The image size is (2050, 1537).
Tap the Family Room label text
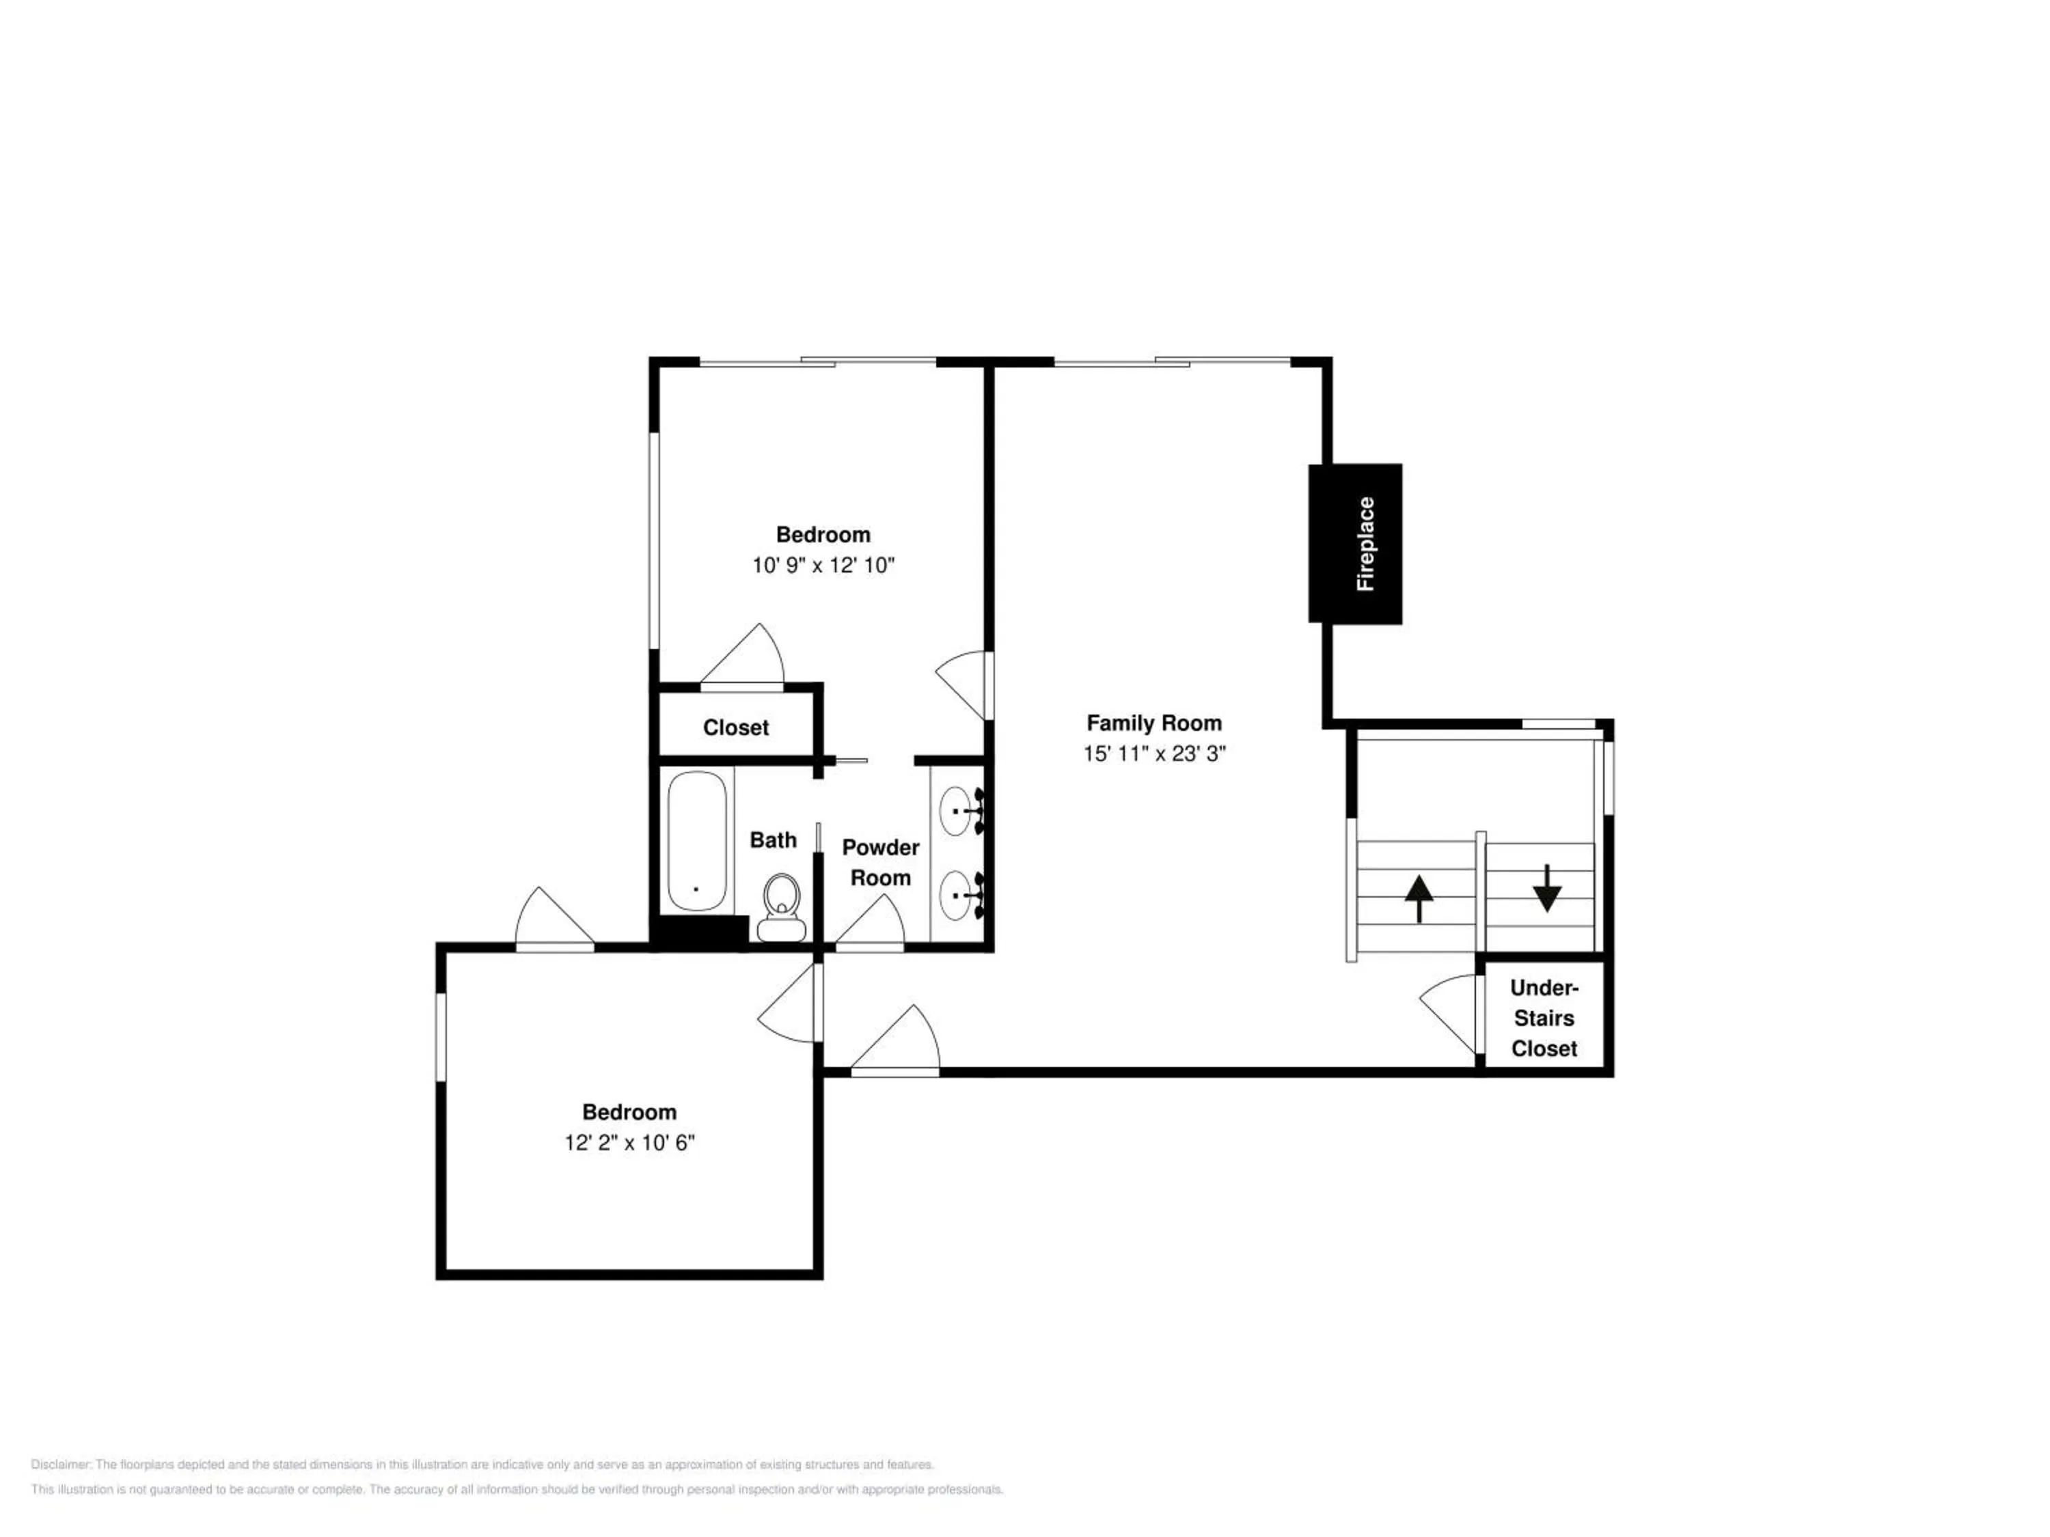tap(1154, 723)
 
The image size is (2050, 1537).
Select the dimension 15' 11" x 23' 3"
tap(1154, 753)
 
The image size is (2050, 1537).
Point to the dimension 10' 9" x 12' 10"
tap(823, 565)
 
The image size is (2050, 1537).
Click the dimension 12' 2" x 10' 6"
tap(629, 1142)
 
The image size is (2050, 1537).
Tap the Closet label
tap(736, 728)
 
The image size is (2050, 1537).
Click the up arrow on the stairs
tap(1419, 900)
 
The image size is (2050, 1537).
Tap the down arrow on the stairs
tap(1547, 887)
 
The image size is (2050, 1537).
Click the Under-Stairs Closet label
tap(1544, 1019)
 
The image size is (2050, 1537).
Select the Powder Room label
tap(880, 863)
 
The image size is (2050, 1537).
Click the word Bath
tap(773, 840)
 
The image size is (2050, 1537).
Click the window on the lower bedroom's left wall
tap(442, 1037)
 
